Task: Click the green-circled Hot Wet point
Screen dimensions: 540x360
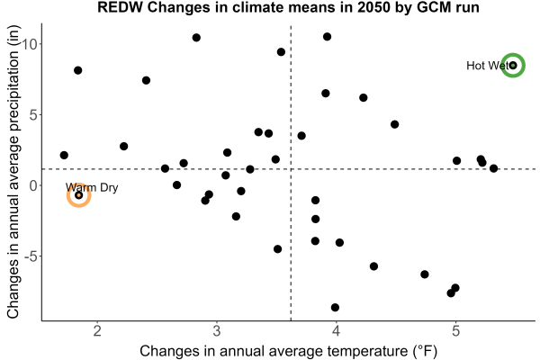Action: pyautogui.click(x=513, y=66)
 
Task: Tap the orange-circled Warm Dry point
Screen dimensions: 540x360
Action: pyautogui.click(x=79, y=195)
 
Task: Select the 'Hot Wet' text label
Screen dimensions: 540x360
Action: pyautogui.click(x=487, y=66)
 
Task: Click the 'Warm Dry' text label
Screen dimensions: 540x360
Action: pyautogui.click(x=92, y=187)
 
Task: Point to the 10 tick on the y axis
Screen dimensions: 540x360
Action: pyautogui.click(x=30, y=44)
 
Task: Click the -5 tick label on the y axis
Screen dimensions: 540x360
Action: pyautogui.click(x=31, y=256)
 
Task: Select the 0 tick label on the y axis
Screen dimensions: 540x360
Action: pyautogui.click(x=33, y=185)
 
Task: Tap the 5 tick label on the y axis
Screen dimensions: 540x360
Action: pyautogui.click(x=33, y=114)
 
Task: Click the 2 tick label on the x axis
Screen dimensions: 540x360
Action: pyautogui.click(x=97, y=330)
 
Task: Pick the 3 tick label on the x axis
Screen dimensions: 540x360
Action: pyautogui.click(x=217, y=330)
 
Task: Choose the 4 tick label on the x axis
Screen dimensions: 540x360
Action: pyautogui.click(x=336, y=330)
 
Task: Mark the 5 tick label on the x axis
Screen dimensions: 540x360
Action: pyautogui.click(x=455, y=330)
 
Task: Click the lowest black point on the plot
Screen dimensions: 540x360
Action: pyautogui.click(x=335, y=307)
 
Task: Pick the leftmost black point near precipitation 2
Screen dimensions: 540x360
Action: pyautogui.click(x=64, y=155)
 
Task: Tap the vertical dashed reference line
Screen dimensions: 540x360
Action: pyautogui.click(x=291, y=172)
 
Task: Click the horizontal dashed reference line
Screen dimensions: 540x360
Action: pyautogui.click(x=289, y=169)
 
